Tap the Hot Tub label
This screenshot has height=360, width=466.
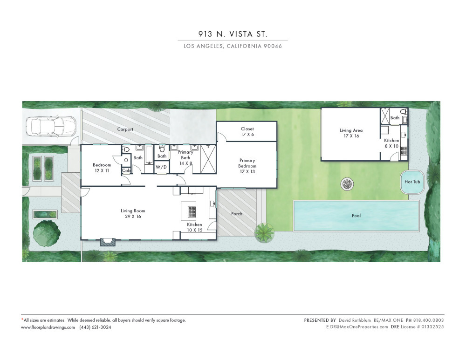click(x=412, y=182)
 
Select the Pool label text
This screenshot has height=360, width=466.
click(x=356, y=216)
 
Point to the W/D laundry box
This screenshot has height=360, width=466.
click(x=161, y=167)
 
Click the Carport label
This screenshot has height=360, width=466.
click(x=125, y=129)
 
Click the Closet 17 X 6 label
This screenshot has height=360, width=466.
click(x=247, y=132)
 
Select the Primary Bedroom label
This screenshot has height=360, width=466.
click(x=247, y=166)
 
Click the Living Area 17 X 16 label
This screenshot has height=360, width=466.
click(x=351, y=133)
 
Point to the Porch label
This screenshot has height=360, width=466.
click(x=237, y=214)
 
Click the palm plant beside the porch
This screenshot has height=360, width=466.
click(x=264, y=232)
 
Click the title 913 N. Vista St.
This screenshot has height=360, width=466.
click(x=233, y=34)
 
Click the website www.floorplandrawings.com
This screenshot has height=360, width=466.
click(x=48, y=327)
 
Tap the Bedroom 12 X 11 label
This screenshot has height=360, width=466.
click(x=102, y=168)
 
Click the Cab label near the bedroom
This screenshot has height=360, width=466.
click(x=126, y=170)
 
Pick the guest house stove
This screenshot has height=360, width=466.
click(x=404, y=150)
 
